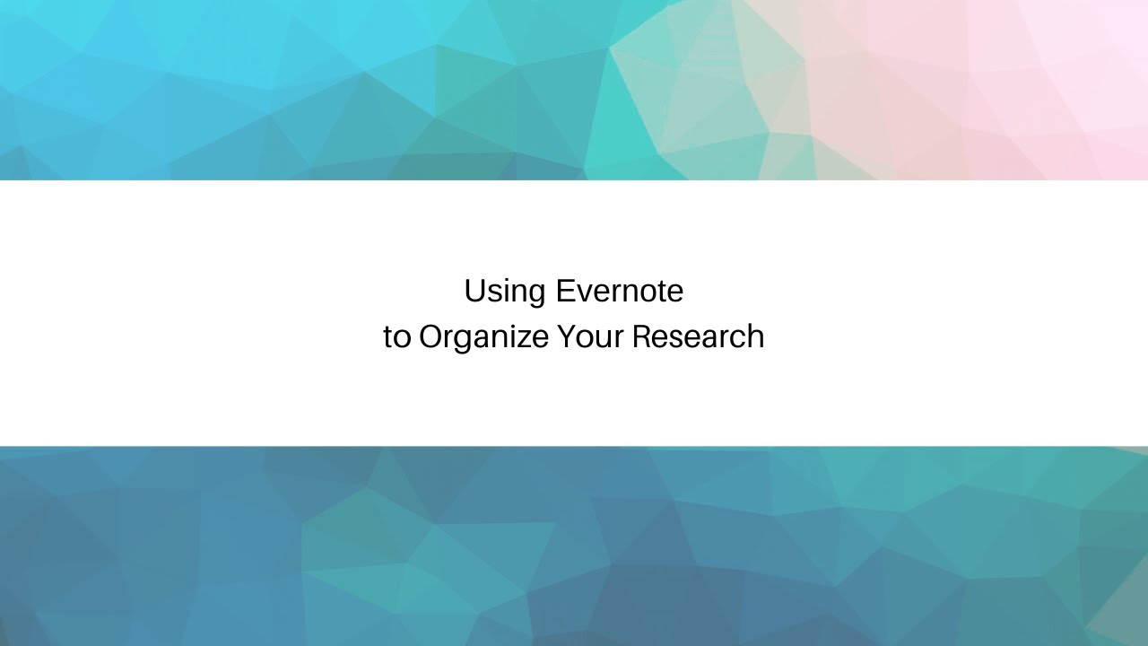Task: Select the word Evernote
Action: pyautogui.click(x=619, y=291)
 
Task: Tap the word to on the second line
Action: pyautogui.click(x=396, y=337)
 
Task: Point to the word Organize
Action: pyautogui.click(x=483, y=338)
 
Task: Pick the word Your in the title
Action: pyautogui.click(x=589, y=337)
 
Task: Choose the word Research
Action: pyautogui.click(x=698, y=337)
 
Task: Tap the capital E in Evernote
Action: pyautogui.click(x=563, y=291)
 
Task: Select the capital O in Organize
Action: pyautogui.click(x=430, y=337)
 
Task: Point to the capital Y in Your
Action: pyautogui.click(x=566, y=337)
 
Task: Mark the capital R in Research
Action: pyautogui.click(x=641, y=337)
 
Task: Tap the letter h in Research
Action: pyautogui.click(x=755, y=337)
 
